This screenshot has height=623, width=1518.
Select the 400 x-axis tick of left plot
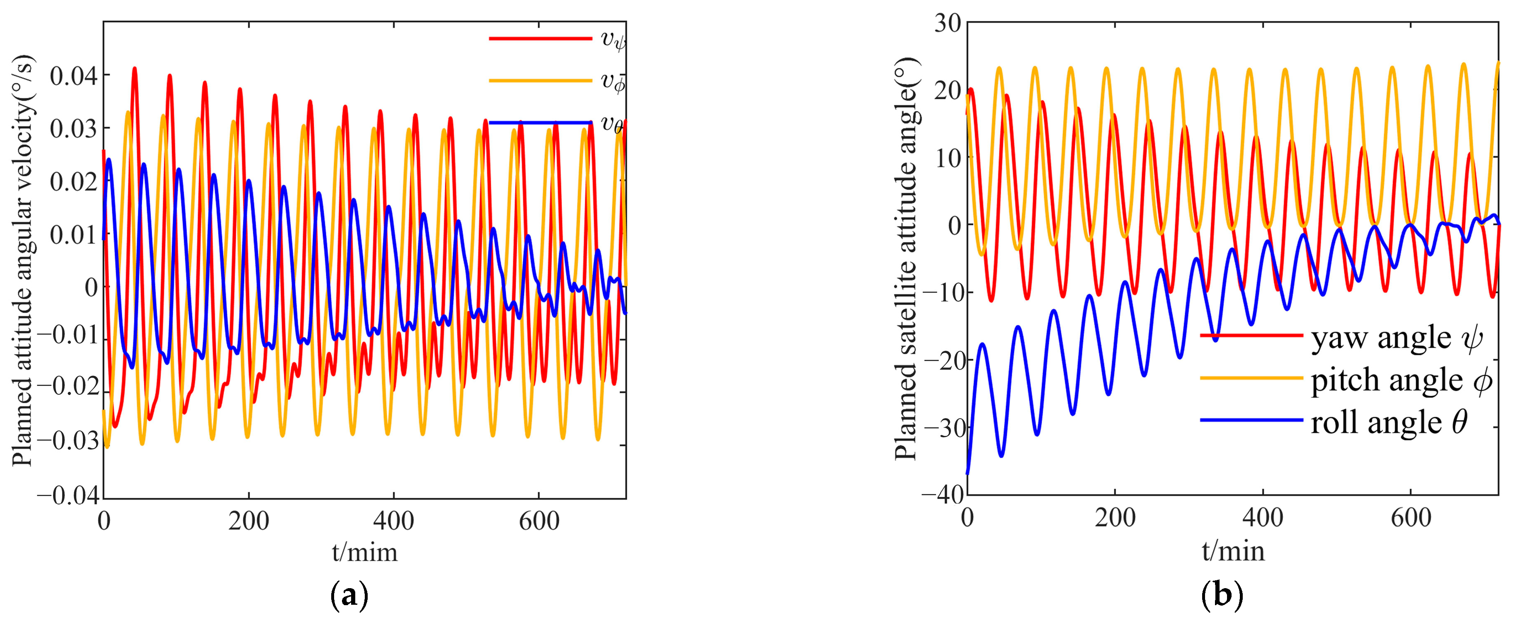coord(394,521)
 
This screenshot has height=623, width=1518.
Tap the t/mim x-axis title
coord(365,552)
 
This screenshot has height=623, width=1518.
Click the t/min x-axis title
coord(1233,550)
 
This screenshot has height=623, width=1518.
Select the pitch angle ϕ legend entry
coord(1402,380)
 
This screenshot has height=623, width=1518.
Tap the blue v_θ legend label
coord(612,123)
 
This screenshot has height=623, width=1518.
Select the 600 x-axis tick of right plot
coord(1411,518)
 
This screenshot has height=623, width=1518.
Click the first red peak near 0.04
coord(135,68)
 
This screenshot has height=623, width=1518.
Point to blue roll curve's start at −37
coord(968,473)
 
